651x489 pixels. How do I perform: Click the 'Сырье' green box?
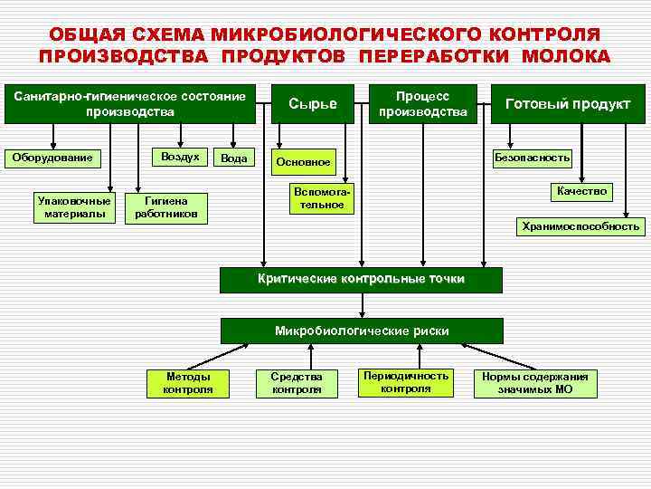pyautogui.click(x=312, y=104)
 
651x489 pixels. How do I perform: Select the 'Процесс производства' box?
pyautogui.click(x=423, y=104)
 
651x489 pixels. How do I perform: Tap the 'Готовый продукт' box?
pyautogui.click(x=567, y=104)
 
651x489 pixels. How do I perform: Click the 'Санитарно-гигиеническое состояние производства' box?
pyautogui.click(x=130, y=104)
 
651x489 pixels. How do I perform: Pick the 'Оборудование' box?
pyautogui.click(x=52, y=158)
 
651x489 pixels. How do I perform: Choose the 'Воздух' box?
pyautogui.click(x=179, y=157)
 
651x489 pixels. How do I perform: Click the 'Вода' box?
pyautogui.click(x=234, y=158)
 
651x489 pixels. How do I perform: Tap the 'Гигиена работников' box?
pyautogui.click(x=166, y=207)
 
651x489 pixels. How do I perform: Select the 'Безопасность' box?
pyautogui.click(x=532, y=158)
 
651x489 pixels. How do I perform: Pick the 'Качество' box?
pyautogui.click(x=581, y=191)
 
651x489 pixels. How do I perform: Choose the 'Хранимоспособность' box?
pyautogui.click(x=580, y=226)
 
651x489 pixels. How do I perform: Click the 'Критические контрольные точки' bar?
pyautogui.click(x=362, y=280)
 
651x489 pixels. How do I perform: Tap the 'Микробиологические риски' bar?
pyautogui.click(x=362, y=331)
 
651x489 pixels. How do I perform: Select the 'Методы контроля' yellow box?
pyautogui.click(x=188, y=383)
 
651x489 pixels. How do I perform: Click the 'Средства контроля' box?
pyautogui.click(x=297, y=383)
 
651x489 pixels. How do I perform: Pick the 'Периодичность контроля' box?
pyautogui.click(x=405, y=382)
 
